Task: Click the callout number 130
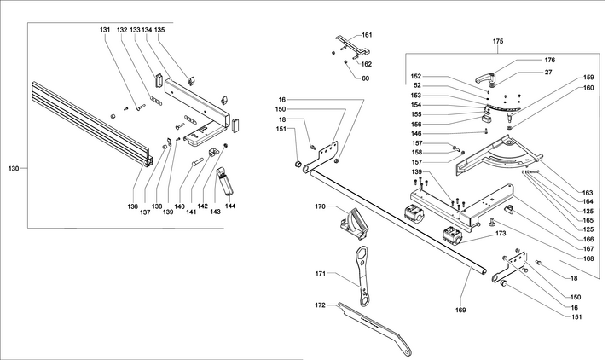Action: tap(13, 169)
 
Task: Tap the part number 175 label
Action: tap(499, 40)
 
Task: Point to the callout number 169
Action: tap(460, 310)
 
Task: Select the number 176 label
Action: tap(549, 60)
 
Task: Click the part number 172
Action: tap(321, 305)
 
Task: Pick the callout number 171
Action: tap(321, 274)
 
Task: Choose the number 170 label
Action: tap(321, 206)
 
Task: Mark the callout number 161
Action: tap(367, 35)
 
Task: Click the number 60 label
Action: tap(365, 78)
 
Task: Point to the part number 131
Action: tap(105, 30)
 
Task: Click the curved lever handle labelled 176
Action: tap(504, 70)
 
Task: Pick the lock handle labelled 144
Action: tap(225, 182)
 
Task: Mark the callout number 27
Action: tap(549, 74)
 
